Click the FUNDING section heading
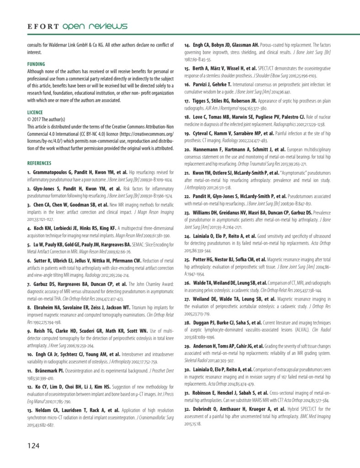coord(37,65)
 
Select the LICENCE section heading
coord(36,112)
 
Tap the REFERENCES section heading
coord(39,163)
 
